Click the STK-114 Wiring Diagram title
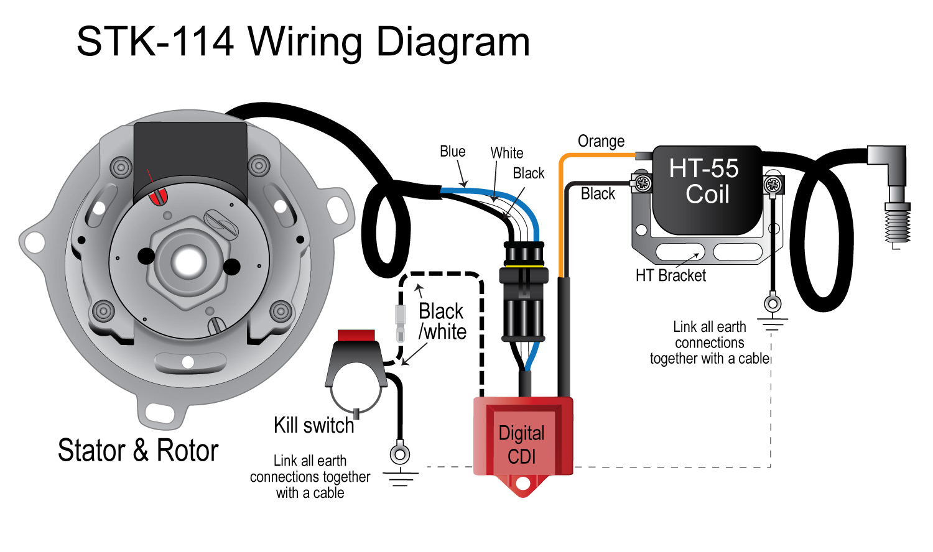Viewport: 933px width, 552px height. (x=303, y=42)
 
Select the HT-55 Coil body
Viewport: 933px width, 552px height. (x=707, y=190)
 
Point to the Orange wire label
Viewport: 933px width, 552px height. (x=601, y=142)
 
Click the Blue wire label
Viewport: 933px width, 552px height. (x=452, y=152)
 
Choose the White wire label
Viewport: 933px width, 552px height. (x=506, y=153)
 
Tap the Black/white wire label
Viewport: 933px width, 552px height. (x=442, y=321)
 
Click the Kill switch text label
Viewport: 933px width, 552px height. (x=313, y=425)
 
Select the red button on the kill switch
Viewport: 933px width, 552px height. (x=356, y=336)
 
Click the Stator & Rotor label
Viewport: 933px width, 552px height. (x=138, y=451)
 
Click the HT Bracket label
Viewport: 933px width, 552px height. (x=671, y=276)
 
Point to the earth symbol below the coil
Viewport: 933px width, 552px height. (x=773, y=324)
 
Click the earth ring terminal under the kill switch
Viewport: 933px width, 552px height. (x=399, y=454)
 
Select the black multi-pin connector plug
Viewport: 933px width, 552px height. (x=524, y=292)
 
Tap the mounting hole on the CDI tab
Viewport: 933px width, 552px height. (x=522, y=484)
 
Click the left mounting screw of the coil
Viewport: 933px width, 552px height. (x=643, y=183)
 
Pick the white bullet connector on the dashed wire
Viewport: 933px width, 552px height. (x=401, y=323)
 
